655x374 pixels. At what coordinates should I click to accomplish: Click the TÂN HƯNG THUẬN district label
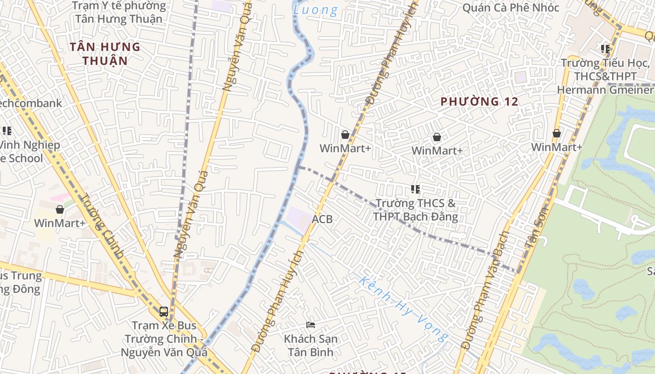[x=105, y=53]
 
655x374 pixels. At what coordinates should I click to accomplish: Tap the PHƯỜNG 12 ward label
[x=480, y=101]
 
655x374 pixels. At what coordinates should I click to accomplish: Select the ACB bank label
[x=322, y=219]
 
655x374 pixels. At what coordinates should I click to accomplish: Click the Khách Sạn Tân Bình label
[x=311, y=345]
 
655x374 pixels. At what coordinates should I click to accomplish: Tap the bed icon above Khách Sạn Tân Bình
[x=311, y=324]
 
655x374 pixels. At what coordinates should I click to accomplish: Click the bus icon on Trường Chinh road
[x=164, y=311]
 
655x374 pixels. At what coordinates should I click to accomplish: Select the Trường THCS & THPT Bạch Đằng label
[x=415, y=210]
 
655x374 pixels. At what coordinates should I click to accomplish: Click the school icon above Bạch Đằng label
[x=415, y=189]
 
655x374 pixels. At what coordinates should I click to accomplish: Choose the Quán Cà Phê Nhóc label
[x=510, y=7]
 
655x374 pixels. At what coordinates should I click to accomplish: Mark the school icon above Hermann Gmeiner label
[x=605, y=49]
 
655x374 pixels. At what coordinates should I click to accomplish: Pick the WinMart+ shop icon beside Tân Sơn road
[x=557, y=134]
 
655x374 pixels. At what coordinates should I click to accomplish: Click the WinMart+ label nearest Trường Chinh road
[x=60, y=223]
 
